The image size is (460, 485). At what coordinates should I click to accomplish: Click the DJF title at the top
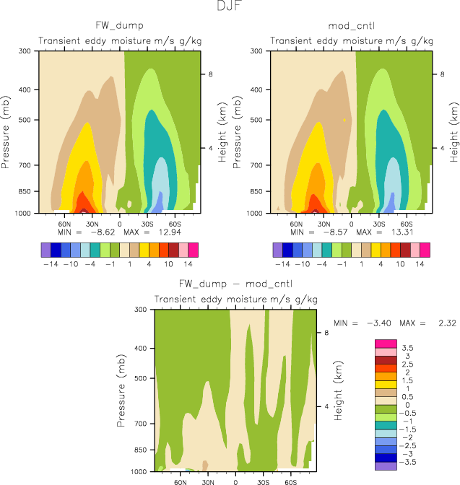point(230,6)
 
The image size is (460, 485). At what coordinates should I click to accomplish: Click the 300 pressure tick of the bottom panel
point(140,310)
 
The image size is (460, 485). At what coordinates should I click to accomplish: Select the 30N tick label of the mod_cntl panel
point(324,224)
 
